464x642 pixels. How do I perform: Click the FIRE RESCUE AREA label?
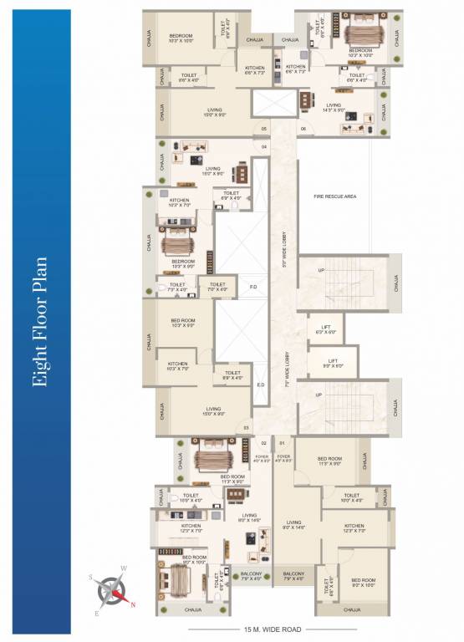click(x=334, y=196)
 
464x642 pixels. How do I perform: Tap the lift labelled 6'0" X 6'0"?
click(x=326, y=329)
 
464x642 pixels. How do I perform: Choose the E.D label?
click(x=260, y=385)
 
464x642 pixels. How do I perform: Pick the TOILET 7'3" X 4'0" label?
click(x=177, y=287)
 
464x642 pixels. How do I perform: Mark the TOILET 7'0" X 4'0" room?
click(x=217, y=287)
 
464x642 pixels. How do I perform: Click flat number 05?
click(x=263, y=129)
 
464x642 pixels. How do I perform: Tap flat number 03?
click(x=246, y=428)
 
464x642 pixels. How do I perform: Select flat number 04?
click(x=263, y=147)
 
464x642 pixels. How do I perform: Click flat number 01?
click(x=283, y=441)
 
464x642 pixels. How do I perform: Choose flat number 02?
click(x=263, y=441)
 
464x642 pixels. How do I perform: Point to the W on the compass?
click(x=123, y=569)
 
